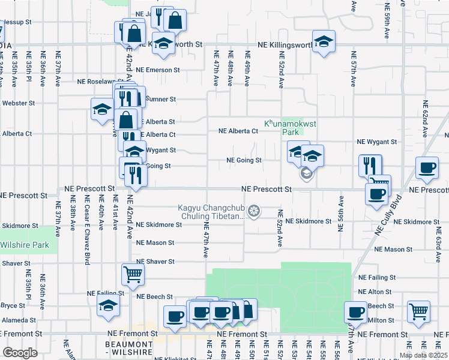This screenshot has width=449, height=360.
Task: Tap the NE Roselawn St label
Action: (x=101, y=82)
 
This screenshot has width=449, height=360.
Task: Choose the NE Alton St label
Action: (x=375, y=292)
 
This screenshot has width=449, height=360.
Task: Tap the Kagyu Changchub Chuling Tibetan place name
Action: (x=211, y=212)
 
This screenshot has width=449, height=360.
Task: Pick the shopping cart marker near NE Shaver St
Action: (x=133, y=274)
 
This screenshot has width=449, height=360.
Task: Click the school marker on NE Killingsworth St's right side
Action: (x=324, y=42)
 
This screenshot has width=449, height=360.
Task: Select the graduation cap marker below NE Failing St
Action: (x=108, y=305)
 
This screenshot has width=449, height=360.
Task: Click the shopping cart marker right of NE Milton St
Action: (x=418, y=311)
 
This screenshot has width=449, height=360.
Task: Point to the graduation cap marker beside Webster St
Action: (x=101, y=109)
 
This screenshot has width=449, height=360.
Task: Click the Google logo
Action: (x=20, y=353)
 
